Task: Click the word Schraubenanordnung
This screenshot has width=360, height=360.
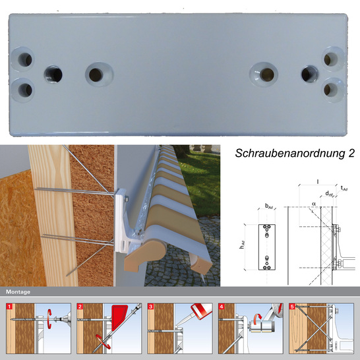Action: coord(291,153)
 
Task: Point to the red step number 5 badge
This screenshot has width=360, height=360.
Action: coord(293,305)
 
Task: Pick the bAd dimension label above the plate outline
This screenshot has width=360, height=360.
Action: coord(269,207)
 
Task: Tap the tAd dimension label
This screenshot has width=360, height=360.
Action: coord(344,189)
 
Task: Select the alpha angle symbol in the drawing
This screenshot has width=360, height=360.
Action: coord(315,205)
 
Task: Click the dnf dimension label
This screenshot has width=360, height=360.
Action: coord(329,193)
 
